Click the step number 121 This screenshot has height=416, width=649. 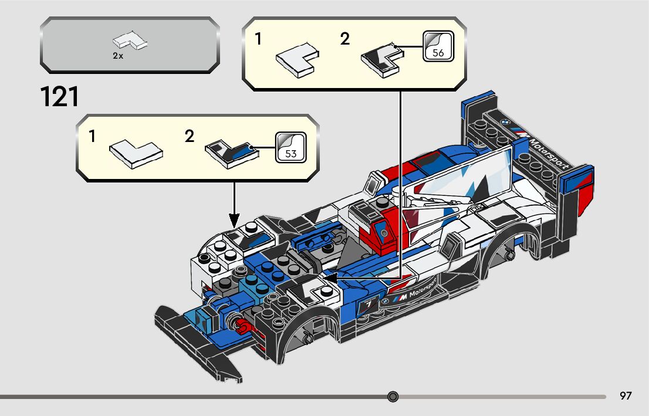coord(59,97)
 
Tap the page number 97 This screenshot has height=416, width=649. coord(626,396)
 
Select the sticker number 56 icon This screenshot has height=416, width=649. coord(438,46)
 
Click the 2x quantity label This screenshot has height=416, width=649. coord(118,56)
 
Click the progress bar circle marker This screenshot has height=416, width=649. coord(393,397)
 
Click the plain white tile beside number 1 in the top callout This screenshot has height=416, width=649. coord(297,59)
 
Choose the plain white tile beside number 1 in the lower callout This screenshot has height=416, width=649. coord(136,152)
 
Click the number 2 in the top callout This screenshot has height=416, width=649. coord(344,39)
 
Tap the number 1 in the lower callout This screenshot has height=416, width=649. coord(92,137)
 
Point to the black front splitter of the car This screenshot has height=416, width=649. coord(200,340)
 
